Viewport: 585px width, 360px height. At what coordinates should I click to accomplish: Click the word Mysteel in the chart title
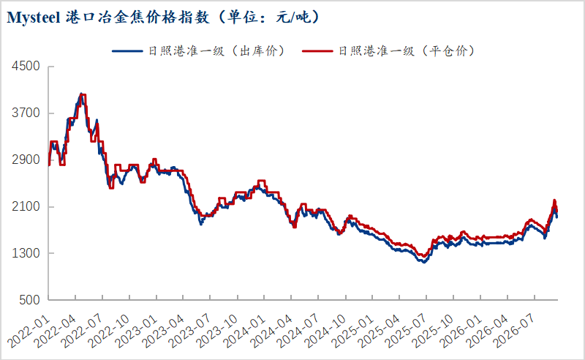34,18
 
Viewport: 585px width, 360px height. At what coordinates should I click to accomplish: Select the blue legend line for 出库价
127,50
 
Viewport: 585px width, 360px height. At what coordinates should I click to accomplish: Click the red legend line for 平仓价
317,50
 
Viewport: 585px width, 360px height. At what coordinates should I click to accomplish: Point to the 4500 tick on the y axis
26,66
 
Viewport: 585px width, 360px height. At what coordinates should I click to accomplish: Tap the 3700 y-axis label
26,113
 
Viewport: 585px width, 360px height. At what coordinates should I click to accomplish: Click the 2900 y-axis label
26,160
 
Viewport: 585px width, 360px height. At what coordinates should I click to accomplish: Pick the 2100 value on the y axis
26,206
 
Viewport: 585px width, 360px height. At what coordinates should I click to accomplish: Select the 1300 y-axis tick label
26,253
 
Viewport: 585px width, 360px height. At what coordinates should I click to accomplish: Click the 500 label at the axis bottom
29,299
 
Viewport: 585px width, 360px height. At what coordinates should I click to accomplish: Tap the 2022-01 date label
29,331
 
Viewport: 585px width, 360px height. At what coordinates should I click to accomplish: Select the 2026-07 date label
515,331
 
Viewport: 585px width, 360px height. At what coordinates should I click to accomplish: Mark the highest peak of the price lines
81,94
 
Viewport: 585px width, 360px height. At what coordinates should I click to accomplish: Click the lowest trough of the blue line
423,262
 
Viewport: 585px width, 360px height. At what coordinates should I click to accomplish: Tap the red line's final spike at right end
554,200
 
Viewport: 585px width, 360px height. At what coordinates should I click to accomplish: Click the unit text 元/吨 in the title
293,18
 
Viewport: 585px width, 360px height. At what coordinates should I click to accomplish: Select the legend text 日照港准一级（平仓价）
406,50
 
